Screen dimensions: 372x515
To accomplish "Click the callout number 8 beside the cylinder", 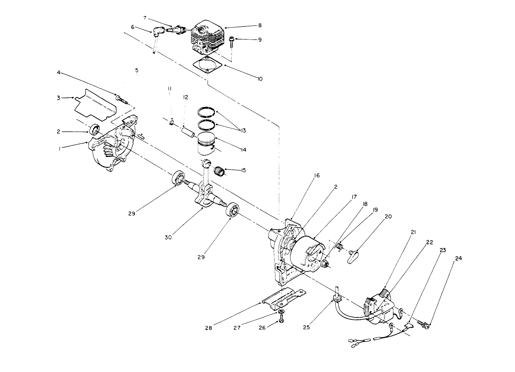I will pos(260,25).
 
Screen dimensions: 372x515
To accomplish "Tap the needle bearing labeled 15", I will pos(219,171).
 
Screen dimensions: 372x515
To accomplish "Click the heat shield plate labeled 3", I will pos(95,104).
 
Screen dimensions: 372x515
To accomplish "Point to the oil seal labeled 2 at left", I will pos(95,130).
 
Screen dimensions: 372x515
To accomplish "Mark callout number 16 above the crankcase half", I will pos(316,176).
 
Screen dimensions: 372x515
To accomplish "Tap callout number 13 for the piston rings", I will pos(242,130).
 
